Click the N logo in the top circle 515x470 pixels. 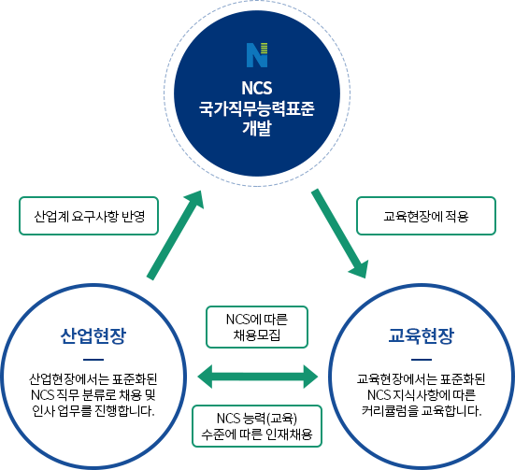(x=257, y=55)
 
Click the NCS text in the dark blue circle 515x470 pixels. (x=257, y=88)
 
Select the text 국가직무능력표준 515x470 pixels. (x=257, y=108)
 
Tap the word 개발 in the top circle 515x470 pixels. (x=257, y=128)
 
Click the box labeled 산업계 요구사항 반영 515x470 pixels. (x=89, y=216)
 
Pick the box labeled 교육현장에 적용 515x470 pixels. (x=426, y=216)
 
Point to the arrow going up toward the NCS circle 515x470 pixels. (x=175, y=235)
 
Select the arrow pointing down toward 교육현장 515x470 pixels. (x=340, y=234)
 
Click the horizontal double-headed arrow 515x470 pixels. (x=258, y=377)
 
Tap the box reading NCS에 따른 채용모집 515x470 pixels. (x=257, y=327)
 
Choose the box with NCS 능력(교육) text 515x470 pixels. (x=257, y=426)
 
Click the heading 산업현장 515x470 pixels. (x=93, y=335)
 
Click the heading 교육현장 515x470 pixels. (x=421, y=335)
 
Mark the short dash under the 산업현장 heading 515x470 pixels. (x=93, y=360)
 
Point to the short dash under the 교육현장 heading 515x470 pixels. (x=421, y=360)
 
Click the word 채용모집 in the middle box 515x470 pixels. (x=257, y=335)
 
